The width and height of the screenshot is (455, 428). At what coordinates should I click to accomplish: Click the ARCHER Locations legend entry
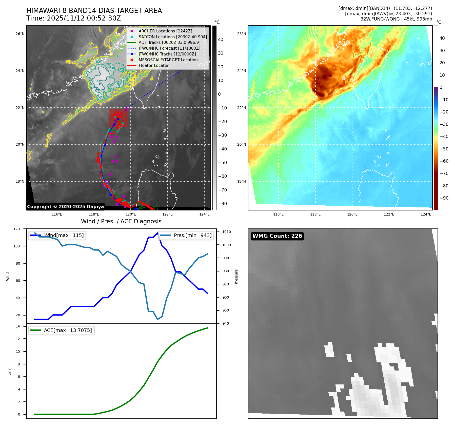(x=165, y=31)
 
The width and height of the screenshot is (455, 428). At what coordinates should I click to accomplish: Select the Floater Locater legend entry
(x=153, y=65)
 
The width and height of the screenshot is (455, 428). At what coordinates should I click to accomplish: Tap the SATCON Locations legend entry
(x=173, y=37)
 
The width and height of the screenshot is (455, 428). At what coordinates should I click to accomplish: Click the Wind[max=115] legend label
(x=64, y=235)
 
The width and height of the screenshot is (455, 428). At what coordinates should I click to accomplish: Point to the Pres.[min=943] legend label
(x=192, y=235)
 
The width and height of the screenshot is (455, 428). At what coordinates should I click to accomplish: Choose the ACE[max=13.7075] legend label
(x=68, y=330)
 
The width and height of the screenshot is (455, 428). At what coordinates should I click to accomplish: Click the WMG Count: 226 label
(x=277, y=236)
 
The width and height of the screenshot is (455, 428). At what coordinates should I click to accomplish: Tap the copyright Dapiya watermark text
(x=65, y=207)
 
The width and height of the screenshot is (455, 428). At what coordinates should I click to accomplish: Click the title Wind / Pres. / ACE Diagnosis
(x=121, y=221)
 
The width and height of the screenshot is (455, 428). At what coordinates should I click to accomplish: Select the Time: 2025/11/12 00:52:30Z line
(x=73, y=18)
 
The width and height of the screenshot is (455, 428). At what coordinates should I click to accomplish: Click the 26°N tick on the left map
(x=20, y=34)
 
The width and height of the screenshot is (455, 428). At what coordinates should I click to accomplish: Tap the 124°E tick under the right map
(x=426, y=214)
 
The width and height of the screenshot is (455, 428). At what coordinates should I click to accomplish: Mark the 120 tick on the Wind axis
(x=17, y=229)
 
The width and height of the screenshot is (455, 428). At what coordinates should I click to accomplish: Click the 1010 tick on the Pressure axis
(x=226, y=232)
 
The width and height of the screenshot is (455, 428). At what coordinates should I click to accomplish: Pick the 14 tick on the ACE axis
(x=18, y=326)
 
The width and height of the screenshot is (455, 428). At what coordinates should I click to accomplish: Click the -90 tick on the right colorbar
(x=444, y=198)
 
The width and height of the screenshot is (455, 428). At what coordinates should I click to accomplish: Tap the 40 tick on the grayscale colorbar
(x=221, y=40)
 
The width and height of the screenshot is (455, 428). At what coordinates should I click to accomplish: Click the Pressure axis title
(x=236, y=276)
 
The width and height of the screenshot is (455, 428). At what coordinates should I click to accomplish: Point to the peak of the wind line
(x=157, y=233)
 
